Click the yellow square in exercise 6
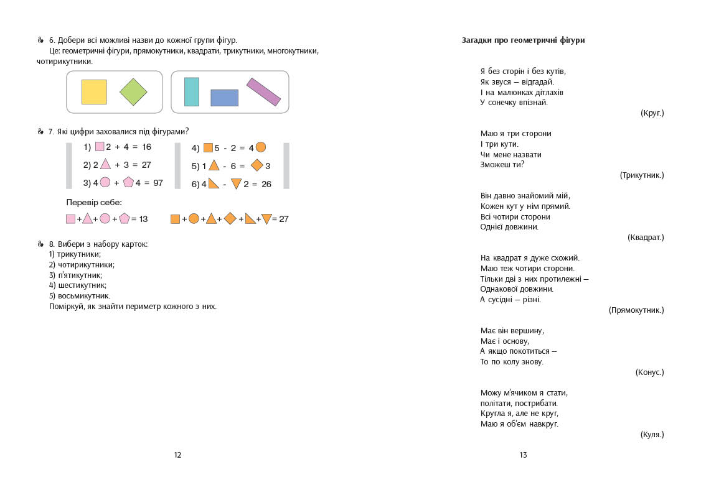tap(94, 91)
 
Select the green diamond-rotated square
tap(133, 92)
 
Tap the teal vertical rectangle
tap(192, 92)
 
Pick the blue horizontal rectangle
tap(224, 98)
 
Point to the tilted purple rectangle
tap(263, 92)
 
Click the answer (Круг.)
tap(652, 113)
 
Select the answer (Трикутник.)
tap(642, 175)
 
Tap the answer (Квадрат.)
tap(646, 238)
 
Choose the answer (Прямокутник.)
tap(636, 310)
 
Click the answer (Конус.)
tap(649, 372)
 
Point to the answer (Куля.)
tap(652, 435)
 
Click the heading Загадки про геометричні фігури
tap(523, 40)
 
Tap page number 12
tap(177, 455)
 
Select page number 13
tap(523, 455)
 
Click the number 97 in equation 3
tap(158, 183)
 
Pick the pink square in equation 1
tap(100, 147)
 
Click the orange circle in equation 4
tap(261, 147)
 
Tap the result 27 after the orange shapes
tap(283, 219)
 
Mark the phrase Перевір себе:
tap(94, 203)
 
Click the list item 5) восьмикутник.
tap(80, 296)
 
